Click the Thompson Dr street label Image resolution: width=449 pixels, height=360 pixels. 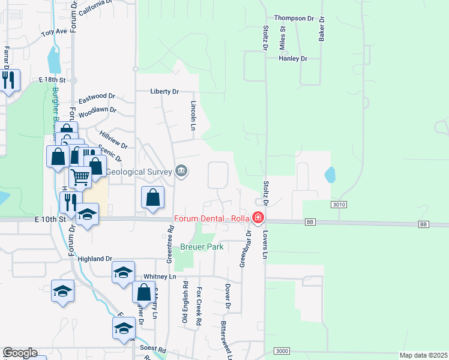(294, 18)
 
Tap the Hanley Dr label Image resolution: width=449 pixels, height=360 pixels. (293, 59)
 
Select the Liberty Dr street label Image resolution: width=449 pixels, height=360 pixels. (164, 92)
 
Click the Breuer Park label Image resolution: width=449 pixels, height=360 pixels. (202, 247)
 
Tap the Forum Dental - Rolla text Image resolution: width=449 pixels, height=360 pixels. (212, 218)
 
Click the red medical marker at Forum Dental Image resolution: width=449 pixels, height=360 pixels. (258, 217)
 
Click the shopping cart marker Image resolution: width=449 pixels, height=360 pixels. (80, 176)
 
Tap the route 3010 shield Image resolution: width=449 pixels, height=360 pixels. (339, 205)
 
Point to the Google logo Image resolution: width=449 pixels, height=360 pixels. (19, 353)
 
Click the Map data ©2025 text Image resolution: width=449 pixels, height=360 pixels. (423, 355)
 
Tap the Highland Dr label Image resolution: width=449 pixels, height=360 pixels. (95, 259)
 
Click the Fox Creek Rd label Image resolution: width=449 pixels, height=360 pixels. (199, 307)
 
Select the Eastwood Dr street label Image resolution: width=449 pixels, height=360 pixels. (96, 96)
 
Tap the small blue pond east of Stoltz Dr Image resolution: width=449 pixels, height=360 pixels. (330, 175)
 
